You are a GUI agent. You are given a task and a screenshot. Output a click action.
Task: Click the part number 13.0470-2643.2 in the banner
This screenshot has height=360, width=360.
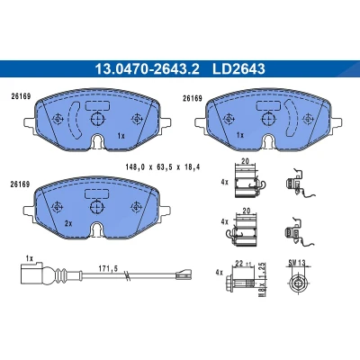[x=147, y=69]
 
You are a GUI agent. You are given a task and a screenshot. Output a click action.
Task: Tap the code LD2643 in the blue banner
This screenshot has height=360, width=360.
[x=238, y=69]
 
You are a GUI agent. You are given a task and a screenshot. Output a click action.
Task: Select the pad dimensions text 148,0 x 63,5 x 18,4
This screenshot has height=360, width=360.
[x=163, y=167]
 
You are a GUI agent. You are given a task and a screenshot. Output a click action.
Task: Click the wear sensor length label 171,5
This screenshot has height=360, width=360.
[x=108, y=268]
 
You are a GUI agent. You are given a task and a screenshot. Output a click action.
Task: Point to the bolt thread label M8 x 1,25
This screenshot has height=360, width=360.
[x=262, y=280]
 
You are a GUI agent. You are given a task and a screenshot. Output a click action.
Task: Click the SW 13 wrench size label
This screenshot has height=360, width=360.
[x=297, y=263]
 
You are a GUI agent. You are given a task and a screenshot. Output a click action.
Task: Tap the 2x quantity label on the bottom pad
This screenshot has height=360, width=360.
[x=68, y=223]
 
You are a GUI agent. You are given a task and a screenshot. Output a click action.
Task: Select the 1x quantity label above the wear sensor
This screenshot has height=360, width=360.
[x=29, y=258]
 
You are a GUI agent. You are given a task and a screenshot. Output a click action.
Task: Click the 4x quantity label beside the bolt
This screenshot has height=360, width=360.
[x=220, y=273]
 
